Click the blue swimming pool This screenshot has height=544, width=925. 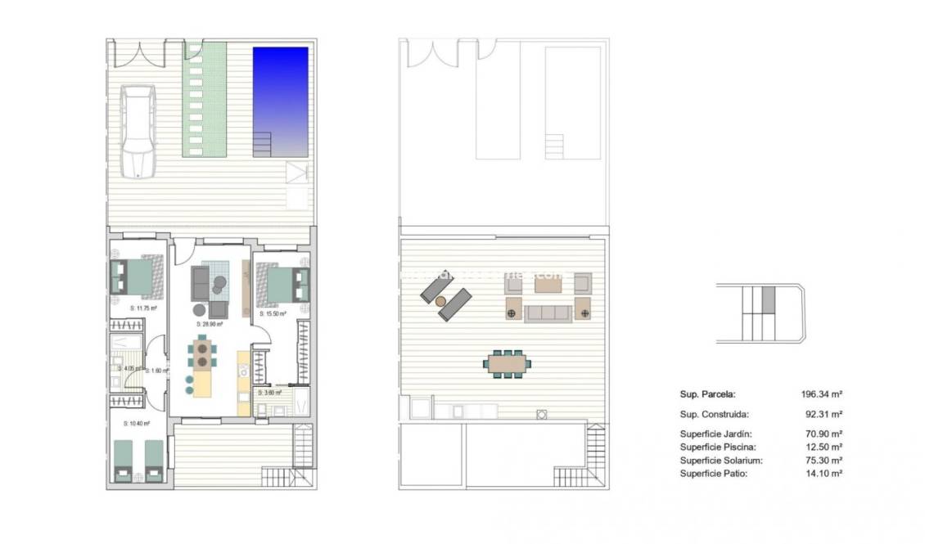pos(280,94)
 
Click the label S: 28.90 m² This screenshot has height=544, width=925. pos(210,324)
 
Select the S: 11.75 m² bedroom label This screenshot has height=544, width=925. pos(143,308)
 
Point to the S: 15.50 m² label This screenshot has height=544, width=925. pos(273,313)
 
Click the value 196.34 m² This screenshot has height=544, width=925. pos(821,393)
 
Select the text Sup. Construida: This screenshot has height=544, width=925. pos(714,415)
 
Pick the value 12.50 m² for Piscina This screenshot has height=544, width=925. pos(823,447)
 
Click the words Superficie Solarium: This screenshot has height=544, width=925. pos(720,461)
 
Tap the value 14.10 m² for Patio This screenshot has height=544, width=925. pos(823,474)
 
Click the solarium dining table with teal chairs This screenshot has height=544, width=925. pos(508,362)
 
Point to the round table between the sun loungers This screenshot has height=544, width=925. pos(442,301)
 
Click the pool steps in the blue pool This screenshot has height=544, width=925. pos(263,145)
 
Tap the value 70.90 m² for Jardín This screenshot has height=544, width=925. pos(823,434)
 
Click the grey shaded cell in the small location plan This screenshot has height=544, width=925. pos(767,300)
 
